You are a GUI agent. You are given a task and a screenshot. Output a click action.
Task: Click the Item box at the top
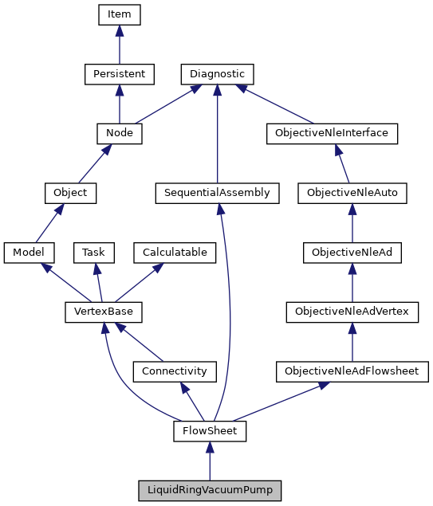pyautogui.click(x=119, y=14)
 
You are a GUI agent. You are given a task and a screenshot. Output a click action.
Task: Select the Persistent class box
pyautogui.click(x=119, y=74)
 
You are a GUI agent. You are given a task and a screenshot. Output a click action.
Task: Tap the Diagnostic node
pyautogui.click(x=217, y=74)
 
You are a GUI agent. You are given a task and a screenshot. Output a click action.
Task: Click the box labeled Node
pyautogui.click(x=119, y=133)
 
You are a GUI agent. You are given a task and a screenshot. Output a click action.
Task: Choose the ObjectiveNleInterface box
pyautogui.click(x=331, y=133)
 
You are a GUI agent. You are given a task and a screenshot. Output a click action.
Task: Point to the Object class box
pyautogui.click(x=70, y=193)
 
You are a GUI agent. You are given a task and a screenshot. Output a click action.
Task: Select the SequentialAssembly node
pyautogui.click(x=217, y=193)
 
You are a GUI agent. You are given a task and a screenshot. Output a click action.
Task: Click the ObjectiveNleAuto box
pyautogui.click(x=352, y=193)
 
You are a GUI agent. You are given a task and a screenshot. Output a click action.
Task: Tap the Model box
pyautogui.click(x=29, y=252)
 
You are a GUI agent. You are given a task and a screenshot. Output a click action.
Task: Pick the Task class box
pyautogui.click(x=94, y=252)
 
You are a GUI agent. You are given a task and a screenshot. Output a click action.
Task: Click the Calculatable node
pyautogui.click(x=175, y=252)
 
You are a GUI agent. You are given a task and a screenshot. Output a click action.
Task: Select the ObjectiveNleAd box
pyautogui.click(x=352, y=252)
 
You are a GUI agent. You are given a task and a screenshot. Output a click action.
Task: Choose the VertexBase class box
pyautogui.click(x=97, y=312)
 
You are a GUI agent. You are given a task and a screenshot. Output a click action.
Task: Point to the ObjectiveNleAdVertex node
pyautogui.click(x=352, y=312)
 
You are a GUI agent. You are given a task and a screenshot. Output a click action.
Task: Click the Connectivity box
pyautogui.click(x=174, y=371)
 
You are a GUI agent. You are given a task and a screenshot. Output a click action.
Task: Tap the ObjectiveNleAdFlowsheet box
pyautogui.click(x=352, y=371)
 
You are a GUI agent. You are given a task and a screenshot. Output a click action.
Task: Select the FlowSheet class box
pyautogui.click(x=210, y=431)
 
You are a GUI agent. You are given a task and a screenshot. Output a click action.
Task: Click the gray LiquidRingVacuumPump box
pyautogui.click(x=210, y=490)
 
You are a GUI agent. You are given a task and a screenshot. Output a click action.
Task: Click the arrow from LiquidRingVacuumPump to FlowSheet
pyautogui.click(x=210, y=461)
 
